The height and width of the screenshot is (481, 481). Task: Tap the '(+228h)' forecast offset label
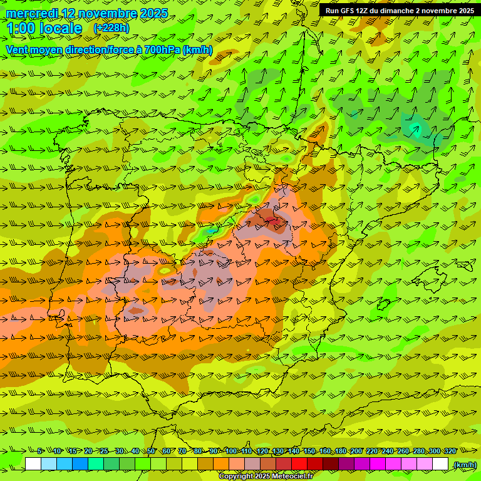pyautogui.click(x=111, y=28)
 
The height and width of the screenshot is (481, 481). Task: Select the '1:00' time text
pyautogui.click(x=20, y=28)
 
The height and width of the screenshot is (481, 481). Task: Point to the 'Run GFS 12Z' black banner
pyautogui.click(x=400, y=11)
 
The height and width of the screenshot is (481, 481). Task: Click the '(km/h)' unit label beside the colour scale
pyautogui.click(x=464, y=465)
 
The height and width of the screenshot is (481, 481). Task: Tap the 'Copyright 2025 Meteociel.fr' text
pyautogui.click(x=266, y=477)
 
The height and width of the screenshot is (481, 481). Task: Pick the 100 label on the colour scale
pyautogui.click(x=230, y=451)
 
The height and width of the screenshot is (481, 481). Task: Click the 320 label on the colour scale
pyautogui.click(x=450, y=451)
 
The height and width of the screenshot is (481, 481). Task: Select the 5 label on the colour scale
pyautogui.click(x=39, y=451)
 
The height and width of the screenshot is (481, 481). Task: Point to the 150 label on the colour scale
pyautogui.click(x=309, y=451)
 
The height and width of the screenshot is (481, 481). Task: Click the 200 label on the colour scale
pyautogui.click(x=356, y=451)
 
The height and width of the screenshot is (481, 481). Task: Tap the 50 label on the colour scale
pyautogui.click(x=151, y=451)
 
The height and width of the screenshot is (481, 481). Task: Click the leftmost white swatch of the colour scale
pyautogui.click(x=33, y=464)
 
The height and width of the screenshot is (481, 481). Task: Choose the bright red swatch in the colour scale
pyautogui.click(x=299, y=464)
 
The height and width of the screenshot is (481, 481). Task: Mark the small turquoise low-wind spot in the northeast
pyautogui.click(x=415, y=128)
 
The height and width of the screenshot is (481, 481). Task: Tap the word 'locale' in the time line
pyautogui.click(x=61, y=28)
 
